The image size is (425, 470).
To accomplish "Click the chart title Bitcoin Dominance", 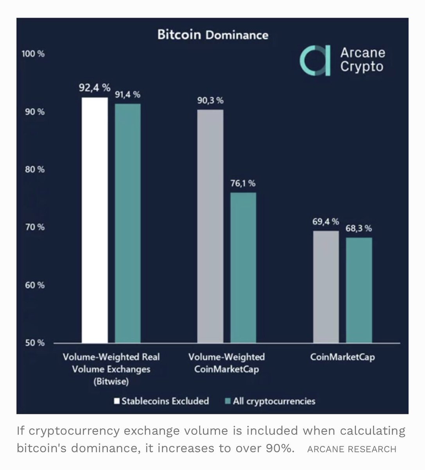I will coord(213,35).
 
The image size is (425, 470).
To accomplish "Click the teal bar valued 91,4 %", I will coord(127,223).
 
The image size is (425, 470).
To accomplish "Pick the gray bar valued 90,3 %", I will coord(210,226).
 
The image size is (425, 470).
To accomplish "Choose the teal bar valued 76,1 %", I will coord(243,268).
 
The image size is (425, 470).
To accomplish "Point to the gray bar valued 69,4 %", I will coord(326,287).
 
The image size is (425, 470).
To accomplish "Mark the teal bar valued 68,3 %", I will coord(359,290).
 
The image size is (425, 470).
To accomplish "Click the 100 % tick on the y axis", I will coord(33,54).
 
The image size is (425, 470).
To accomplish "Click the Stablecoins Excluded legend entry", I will coord(161,401).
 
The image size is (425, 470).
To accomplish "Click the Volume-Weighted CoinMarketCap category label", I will coord(226,363).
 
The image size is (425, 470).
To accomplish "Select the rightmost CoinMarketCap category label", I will coord(342,357).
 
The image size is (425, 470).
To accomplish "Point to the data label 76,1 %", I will coord(242,183).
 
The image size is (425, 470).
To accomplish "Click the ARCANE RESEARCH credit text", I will coord(351,449).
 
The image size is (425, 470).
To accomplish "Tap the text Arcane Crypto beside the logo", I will coord(362,60).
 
